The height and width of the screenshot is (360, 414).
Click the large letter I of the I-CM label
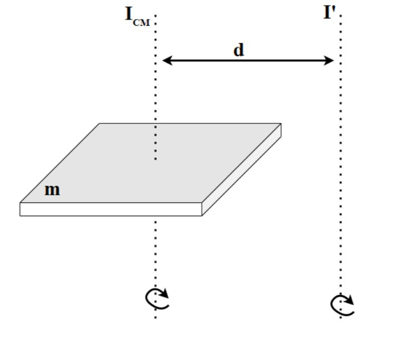pyautogui.click(x=128, y=14)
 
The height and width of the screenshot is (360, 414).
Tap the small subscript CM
pyautogui.click(x=141, y=22)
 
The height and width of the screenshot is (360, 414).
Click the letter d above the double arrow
pyautogui.click(x=239, y=50)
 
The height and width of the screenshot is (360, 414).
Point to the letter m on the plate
pyautogui.click(x=52, y=190)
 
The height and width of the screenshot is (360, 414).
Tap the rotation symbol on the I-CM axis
pyautogui.click(x=157, y=298)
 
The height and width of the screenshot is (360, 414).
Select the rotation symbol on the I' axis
pyautogui.click(x=342, y=304)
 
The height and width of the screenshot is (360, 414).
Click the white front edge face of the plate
pyautogui.click(x=110, y=209)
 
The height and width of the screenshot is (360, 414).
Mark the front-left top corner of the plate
pyautogui.click(x=21, y=203)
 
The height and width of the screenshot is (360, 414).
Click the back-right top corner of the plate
pyautogui.click(x=281, y=124)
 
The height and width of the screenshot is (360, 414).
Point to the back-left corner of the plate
pyautogui.click(x=99, y=124)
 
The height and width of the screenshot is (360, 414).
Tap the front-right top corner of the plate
pyautogui.click(x=202, y=203)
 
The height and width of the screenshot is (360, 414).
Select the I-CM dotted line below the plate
pyautogui.click(x=156, y=251)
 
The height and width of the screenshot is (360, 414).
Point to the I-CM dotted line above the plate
pyautogui.click(x=156, y=90)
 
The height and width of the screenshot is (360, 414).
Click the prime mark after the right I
pyautogui.click(x=334, y=10)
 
